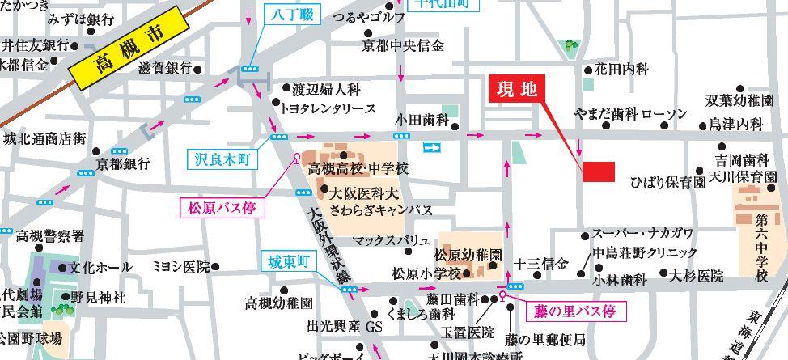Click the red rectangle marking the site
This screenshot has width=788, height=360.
click(599, 172)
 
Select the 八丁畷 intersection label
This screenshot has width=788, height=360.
click(286, 13)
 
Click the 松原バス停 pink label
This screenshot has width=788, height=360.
click(222, 208)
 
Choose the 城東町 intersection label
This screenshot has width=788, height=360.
click(290, 262)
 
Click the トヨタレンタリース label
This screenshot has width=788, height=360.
click(328, 108)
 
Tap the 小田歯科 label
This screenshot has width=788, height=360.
click(422, 121)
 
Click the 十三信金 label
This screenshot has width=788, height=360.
click(541, 264)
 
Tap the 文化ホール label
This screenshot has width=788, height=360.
click(100, 266)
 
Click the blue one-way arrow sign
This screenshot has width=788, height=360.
click(434, 147)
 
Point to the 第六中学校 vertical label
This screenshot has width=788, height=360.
click(761, 248)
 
